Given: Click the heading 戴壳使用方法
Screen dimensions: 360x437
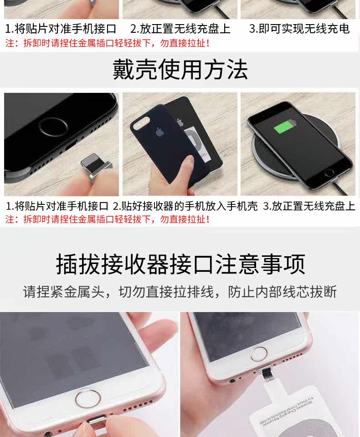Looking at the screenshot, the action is click(180, 70).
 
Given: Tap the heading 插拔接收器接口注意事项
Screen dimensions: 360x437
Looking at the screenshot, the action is click(180, 264).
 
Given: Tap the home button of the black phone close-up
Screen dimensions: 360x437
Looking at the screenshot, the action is click(53, 127).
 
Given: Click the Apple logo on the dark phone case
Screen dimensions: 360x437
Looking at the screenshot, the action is click(159, 132).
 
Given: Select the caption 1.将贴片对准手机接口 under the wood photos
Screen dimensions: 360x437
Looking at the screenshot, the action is click(57, 206).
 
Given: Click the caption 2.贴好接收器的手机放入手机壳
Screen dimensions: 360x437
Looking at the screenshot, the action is click(185, 206).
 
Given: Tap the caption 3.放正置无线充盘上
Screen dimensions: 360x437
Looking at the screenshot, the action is click(309, 206).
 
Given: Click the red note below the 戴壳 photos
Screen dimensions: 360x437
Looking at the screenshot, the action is click(108, 219).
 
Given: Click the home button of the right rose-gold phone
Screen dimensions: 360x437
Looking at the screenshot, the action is click(258, 354).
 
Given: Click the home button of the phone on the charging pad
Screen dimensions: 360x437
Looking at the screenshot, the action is click(329, 173).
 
